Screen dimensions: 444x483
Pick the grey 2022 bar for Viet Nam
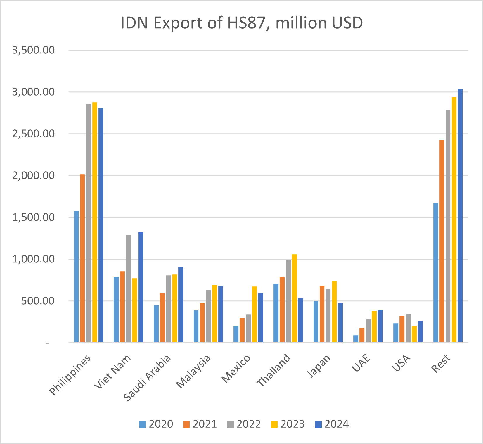coord(129,288)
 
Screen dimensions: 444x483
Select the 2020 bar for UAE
coord(356,339)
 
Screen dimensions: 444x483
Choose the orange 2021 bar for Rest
coord(442,241)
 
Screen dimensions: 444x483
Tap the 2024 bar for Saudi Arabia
coord(181,305)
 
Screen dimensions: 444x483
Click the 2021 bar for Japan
coord(322,314)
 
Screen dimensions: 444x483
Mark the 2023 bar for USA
coord(414,334)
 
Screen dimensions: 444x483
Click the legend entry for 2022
coord(244,424)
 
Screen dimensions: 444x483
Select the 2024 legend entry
coord(332,424)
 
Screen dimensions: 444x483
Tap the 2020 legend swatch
coord(142,424)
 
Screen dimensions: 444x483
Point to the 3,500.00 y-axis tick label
coord(33,50)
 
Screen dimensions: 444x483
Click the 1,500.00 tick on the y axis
coord(33,217)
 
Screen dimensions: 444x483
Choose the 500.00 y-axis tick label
coord(38,301)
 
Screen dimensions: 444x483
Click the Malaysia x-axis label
coord(194,371)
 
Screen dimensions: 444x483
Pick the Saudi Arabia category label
coord(147,378)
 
